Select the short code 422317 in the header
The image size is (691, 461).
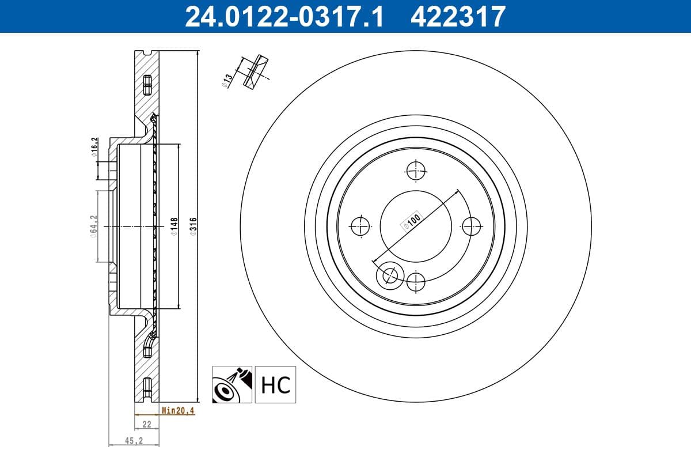click(x=458, y=16)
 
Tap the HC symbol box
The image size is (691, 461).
click(x=275, y=384)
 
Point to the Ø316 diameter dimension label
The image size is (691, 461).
click(x=194, y=225)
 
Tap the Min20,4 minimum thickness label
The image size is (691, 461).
click(x=178, y=410)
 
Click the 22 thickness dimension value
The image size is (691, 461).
click(x=146, y=424)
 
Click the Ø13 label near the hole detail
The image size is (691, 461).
click(x=227, y=80)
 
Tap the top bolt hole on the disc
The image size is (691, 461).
click(x=415, y=170)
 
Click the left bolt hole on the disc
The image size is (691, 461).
click(x=360, y=226)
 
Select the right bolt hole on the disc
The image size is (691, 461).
click(x=472, y=226)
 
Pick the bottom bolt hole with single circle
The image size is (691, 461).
click(x=415, y=282)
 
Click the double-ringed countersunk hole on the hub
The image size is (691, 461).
click(x=390, y=276)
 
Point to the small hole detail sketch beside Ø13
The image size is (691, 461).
click(x=254, y=71)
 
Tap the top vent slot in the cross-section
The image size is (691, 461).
click(x=146, y=85)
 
